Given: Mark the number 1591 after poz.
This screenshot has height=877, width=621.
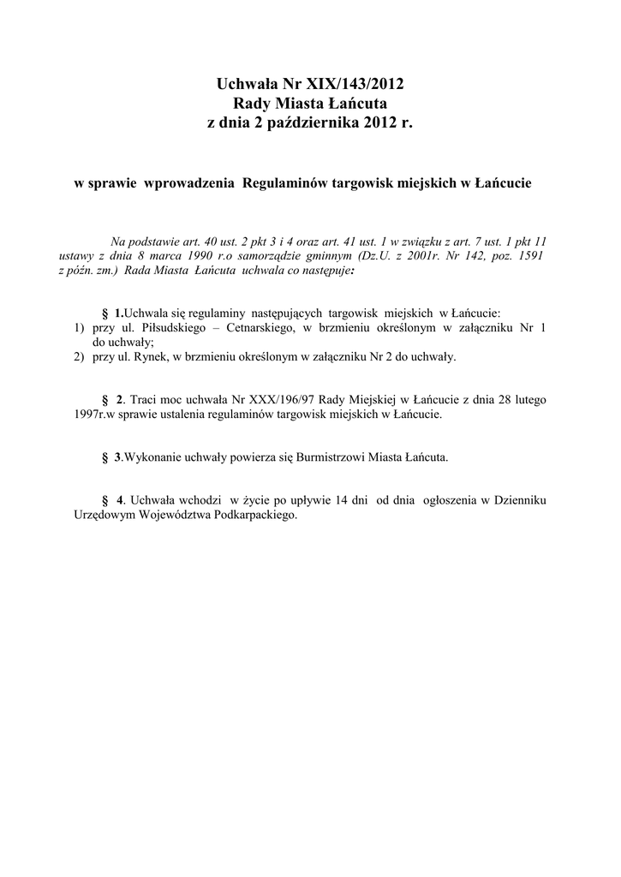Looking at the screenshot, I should click(527, 255).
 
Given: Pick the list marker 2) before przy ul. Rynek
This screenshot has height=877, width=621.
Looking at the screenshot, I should click(80, 357).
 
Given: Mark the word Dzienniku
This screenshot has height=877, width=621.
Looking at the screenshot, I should click(521, 501).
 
